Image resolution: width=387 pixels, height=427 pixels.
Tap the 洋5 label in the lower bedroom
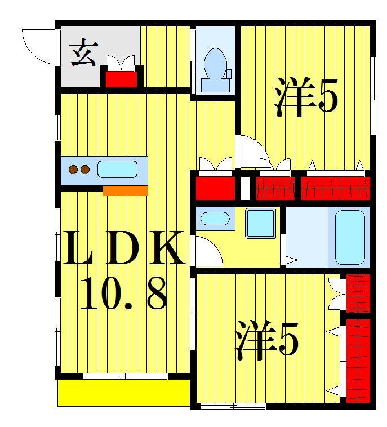pos(266,340)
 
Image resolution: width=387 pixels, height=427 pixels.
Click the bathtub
pos(350,237)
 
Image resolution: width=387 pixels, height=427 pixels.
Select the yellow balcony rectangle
pos(123,393)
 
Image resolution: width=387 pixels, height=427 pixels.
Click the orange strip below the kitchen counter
pos(125,190)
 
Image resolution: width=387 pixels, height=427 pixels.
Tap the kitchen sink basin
pos(117,169)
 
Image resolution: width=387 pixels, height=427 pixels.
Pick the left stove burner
pos(73,169)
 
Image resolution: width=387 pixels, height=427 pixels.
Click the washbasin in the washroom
pos(214,218)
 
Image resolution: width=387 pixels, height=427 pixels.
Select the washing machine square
pos(260,223)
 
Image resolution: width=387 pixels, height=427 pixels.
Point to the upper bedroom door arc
pos(252,149)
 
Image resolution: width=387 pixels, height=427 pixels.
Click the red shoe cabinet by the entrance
pos(121,77)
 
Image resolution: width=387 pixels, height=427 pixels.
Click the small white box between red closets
pos(245,188)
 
